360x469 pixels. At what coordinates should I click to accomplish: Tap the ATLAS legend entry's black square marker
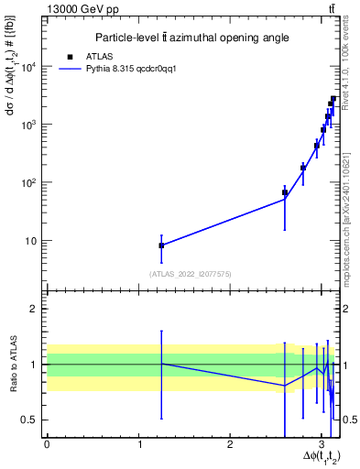tap(70, 57)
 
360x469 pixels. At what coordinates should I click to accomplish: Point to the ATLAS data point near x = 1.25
tap(161, 245)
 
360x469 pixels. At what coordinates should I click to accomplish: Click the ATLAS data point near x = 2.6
tap(285, 193)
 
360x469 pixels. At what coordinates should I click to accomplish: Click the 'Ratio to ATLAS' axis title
tap(12, 365)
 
